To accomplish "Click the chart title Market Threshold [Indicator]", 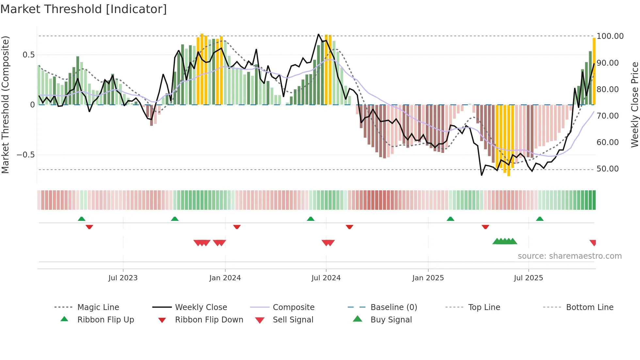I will [x=84, y=9].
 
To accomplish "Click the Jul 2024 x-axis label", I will [x=326, y=278].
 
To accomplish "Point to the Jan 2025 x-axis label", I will [x=428, y=278].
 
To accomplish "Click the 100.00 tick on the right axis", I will [x=610, y=36].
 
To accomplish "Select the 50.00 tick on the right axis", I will [x=607, y=169].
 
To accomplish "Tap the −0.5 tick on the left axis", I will [x=26, y=155].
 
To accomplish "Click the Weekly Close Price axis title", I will [x=634, y=105].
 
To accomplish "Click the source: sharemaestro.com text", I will [x=569, y=256].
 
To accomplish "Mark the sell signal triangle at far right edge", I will [x=593, y=242].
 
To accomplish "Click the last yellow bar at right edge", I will [x=594, y=71].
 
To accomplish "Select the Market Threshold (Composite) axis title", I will [x=5, y=105].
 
